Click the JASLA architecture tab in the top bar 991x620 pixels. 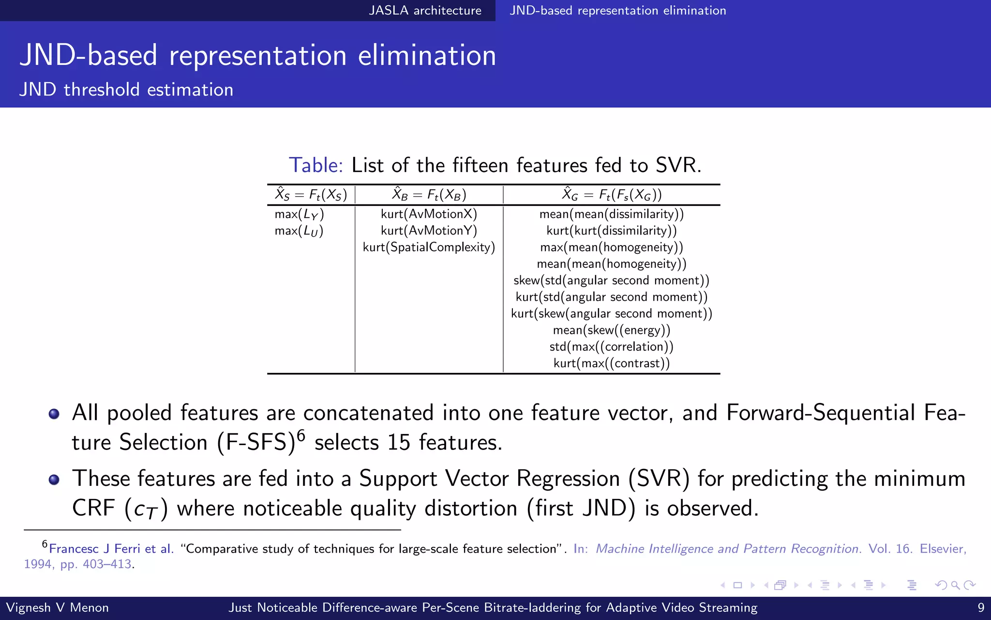425,11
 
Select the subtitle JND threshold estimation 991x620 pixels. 126,90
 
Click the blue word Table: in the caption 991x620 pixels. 315,165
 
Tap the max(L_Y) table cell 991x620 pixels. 299,214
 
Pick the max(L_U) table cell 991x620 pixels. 299,231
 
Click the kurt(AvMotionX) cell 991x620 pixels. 429,214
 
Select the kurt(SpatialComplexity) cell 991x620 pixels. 429,248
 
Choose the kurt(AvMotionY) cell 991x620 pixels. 429,231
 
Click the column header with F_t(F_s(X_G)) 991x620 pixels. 612,195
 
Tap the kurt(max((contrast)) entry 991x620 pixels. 612,363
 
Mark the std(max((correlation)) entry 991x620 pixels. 612,347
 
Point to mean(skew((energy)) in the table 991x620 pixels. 612,330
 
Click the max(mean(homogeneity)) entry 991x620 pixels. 612,248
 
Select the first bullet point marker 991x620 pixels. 54,414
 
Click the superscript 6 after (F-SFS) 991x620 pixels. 301,435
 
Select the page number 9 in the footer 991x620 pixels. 981,607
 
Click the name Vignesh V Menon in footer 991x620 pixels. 57,607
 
